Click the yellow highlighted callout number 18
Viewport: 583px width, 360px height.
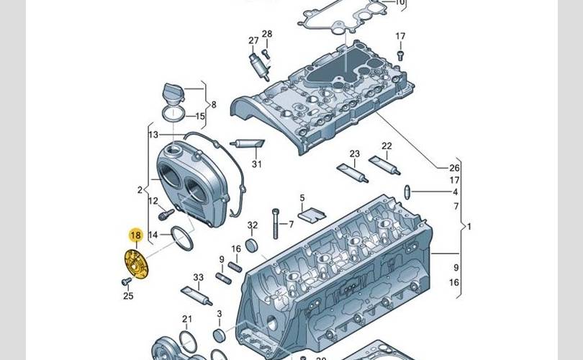pos(135,235)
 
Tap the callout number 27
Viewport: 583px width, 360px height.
pos(253,40)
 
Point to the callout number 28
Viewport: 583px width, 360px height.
pos(267,35)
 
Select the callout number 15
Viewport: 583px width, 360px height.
pos(200,116)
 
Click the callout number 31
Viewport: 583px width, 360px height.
pos(257,164)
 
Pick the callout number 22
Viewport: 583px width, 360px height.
pos(387,146)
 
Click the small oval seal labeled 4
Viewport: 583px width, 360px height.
pos(408,192)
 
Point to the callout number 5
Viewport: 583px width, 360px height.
pos(302,198)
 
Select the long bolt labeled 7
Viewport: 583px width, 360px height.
pos(275,223)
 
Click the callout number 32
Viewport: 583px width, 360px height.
pos(252,225)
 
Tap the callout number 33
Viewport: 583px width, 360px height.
pos(199,277)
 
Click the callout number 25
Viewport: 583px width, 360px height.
pos(128,295)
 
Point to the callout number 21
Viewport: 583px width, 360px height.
pos(187,319)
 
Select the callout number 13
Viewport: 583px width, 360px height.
pos(153,135)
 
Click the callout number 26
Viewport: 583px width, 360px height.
pos(454,168)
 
